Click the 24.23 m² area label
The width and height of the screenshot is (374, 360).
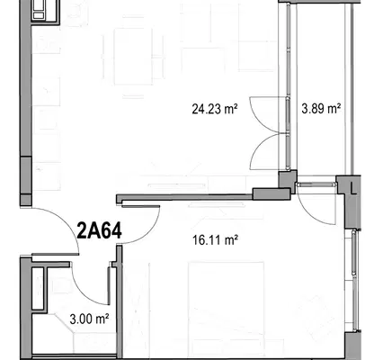[215, 109]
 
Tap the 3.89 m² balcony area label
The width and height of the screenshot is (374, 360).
[321, 108]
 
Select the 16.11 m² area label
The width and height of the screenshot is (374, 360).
[215, 240]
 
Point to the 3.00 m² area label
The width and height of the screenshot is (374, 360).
[89, 319]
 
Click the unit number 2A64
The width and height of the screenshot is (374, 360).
[100, 230]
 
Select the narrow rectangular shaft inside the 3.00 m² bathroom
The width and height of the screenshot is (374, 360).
[39, 289]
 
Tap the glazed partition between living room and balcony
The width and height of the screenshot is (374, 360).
[288, 87]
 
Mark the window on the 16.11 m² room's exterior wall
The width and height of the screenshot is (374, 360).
[354, 281]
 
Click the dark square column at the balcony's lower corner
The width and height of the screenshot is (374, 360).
[288, 179]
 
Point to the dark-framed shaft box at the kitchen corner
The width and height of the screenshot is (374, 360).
[45, 12]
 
